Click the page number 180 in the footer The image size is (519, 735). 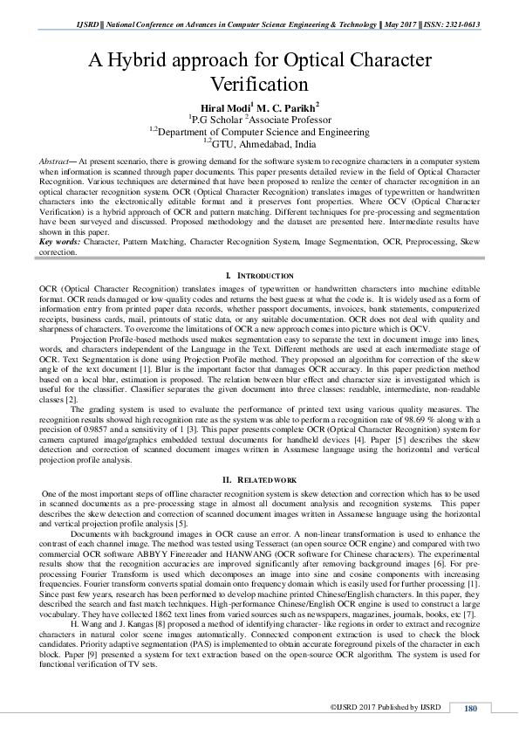[x=471, y=708]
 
